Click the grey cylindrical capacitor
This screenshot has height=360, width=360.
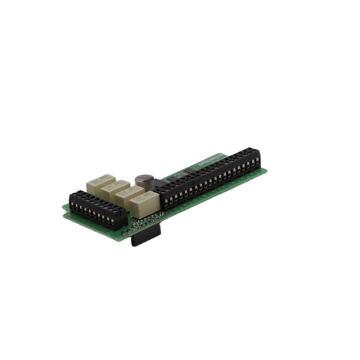143,180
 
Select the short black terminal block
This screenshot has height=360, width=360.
95,208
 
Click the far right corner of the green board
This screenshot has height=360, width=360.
269,170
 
